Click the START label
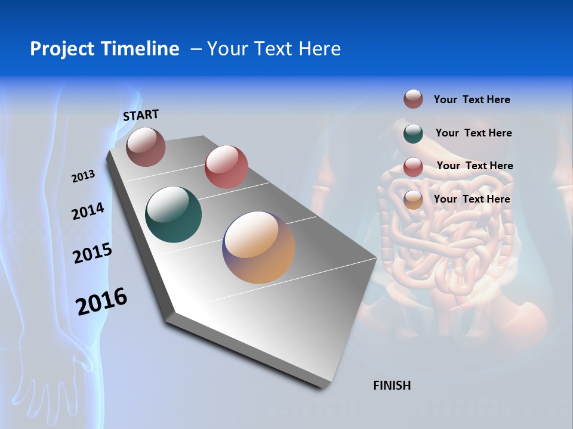coord(141,115)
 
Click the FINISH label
coord(392,386)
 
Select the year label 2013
coord(84,176)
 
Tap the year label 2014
coord(88,212)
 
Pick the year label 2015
coord(93,253)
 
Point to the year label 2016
coord(101,301)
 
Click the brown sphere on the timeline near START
coord(146,147)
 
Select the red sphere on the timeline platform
coord(226,167)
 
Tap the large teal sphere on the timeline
coord(174,214)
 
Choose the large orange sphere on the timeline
coord(258,247)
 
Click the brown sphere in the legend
coord(413,100)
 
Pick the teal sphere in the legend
coord(413,133)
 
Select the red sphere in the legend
coord(413,167)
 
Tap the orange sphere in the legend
coord(413,200)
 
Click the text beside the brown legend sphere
coord(472,100)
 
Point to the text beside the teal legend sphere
coord(473,133)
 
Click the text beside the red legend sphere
coord(475,166)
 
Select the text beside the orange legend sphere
coord(472,199)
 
